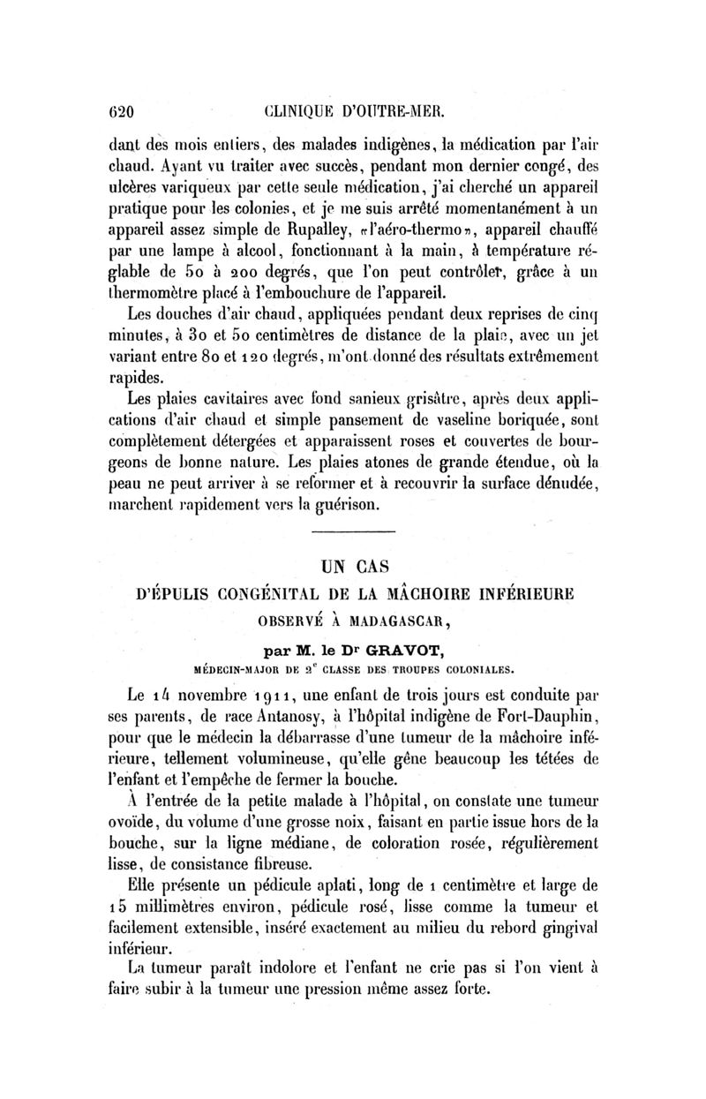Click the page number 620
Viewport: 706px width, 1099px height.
[116, 112]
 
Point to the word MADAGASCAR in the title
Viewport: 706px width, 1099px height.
[397, 618]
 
